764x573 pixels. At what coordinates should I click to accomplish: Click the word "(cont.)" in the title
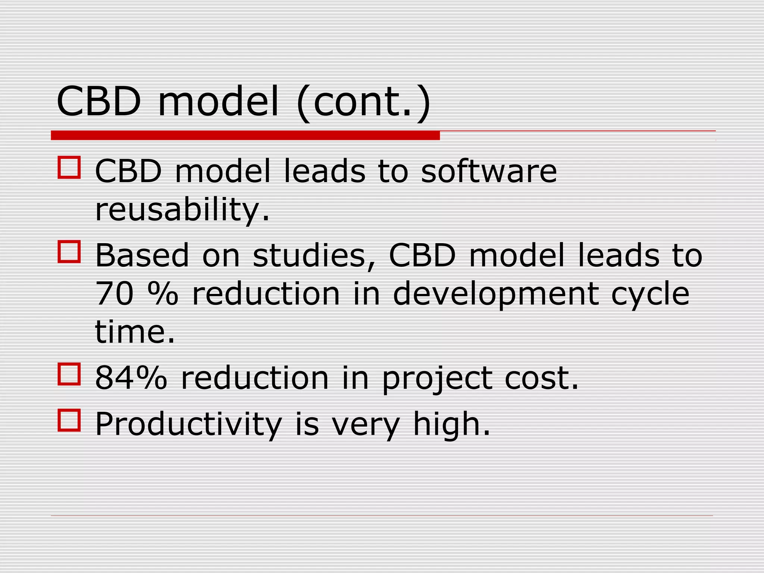coord(364,102)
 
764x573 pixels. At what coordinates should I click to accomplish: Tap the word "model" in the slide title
coord(219,102)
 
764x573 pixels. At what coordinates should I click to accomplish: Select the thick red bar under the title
coord(245,135)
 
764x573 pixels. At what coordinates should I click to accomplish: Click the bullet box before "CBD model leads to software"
coord(69,167)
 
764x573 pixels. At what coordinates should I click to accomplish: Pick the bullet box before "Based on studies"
coord(69,252)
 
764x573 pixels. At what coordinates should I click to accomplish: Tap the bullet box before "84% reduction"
coord(69,374)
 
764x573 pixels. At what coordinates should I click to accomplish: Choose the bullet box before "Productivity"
coord(69,420)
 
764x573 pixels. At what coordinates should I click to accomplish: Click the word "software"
coord(489,171)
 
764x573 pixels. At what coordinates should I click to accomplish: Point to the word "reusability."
coord(182,210)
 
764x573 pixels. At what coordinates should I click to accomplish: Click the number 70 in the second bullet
coord(115,294)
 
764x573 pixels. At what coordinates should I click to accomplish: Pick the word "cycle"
coord(650,294)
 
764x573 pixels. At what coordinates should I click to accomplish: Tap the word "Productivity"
coord(188,425)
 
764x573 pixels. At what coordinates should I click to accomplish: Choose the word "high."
coord(451,425)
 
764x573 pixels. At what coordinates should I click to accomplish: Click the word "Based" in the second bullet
coord(142,256)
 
